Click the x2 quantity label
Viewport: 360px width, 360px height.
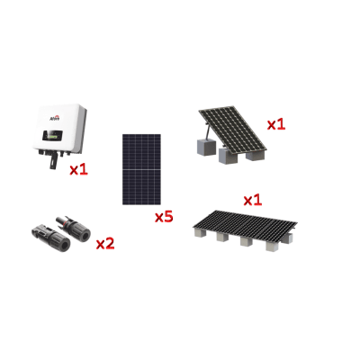(105, 243)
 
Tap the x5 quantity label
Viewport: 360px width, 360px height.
(163, 216)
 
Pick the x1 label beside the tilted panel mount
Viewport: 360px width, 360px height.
(275, 123)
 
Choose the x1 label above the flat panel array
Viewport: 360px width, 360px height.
(253, 199)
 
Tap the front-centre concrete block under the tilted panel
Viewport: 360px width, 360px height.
(225, 156)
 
